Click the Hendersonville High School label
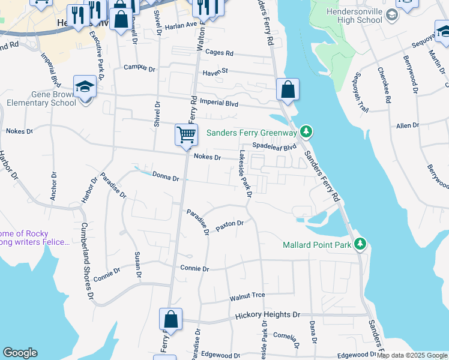tap(355, 16)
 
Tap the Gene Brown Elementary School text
tap(41, 98)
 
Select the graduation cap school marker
tap(85, 88)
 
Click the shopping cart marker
tap(187, 135)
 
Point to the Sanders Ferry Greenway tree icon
tap(306, 131)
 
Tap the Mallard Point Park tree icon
tap(360, 244)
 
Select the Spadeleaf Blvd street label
tap(274, 146)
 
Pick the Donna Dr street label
tap(166, 178)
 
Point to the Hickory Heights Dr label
tap(267, 314)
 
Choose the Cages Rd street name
tap(219, 53)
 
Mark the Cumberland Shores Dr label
tap(88, 260)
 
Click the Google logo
tap(20, 353)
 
